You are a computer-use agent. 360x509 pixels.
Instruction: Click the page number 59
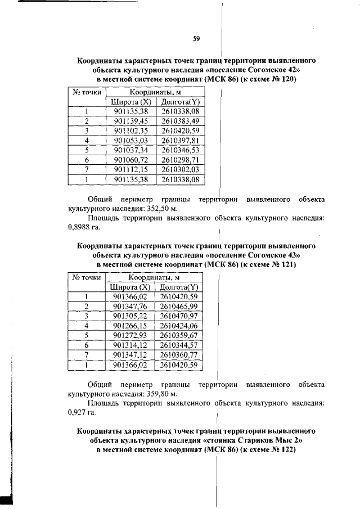click(196, 39)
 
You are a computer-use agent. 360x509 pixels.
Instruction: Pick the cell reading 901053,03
click(130, 140)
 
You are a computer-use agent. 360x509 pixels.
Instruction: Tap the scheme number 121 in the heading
click(289, 264)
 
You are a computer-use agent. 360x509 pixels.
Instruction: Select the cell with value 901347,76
click(129, 306)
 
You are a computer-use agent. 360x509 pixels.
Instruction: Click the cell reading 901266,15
click(129, 325)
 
